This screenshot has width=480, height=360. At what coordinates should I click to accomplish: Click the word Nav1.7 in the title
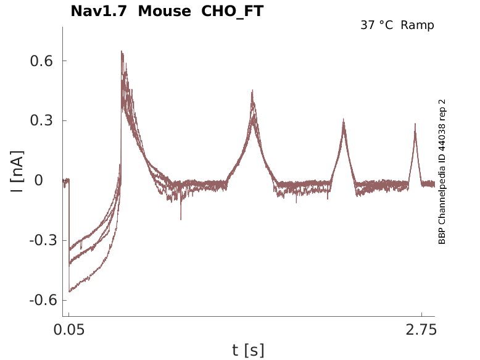(99, 11)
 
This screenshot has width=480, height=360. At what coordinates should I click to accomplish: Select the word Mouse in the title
(164, 11)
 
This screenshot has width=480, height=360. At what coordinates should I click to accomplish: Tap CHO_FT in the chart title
(233, 12)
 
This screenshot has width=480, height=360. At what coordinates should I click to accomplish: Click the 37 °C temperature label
(376, 25)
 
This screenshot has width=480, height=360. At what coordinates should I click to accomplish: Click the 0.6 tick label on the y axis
(41, 61)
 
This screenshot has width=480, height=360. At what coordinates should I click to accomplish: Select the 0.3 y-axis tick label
(41, 120)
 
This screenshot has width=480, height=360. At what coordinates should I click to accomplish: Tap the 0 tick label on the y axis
(39, 180)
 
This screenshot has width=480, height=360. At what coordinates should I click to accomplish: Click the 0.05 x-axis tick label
(69, 330)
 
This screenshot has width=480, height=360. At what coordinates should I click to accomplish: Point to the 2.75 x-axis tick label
(421, 330)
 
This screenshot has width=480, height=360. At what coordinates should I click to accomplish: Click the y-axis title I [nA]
(17, 172)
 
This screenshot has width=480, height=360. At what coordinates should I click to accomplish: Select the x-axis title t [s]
(248, 350)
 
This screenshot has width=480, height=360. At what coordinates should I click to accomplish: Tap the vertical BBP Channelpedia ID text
(442, 172)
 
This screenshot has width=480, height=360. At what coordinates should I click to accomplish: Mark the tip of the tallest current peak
(122, 51)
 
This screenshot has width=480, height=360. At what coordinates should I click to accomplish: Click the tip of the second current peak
(252, 90)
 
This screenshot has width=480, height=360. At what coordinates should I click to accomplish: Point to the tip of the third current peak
(344, 119)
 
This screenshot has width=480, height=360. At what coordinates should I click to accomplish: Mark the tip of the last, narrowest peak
(415, 123)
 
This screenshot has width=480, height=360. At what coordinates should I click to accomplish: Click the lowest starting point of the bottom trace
(70, 291)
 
